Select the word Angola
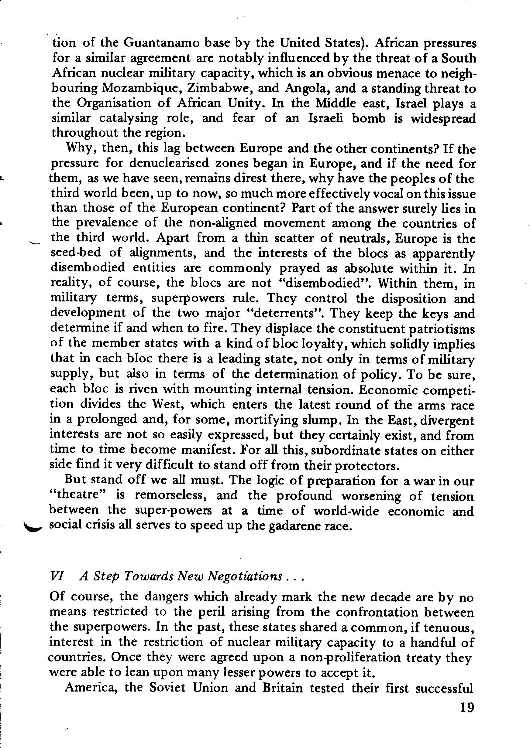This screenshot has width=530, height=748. point(306,88)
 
